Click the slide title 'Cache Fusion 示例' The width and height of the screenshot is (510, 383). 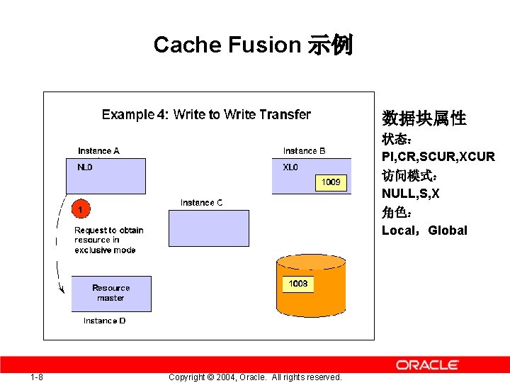coord(253,45)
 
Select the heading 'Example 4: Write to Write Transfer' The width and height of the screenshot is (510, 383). coord(206,114)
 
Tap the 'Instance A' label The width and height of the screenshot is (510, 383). coord(98,150)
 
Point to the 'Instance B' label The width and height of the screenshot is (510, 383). coord(305,150)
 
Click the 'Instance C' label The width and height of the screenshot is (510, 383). coord(201,203)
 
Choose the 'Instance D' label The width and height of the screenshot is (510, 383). coord(104,321)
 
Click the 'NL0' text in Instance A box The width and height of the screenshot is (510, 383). coord(85,168)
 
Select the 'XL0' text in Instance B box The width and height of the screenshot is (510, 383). coord(290,168)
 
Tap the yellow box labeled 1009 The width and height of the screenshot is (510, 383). coord(331,182)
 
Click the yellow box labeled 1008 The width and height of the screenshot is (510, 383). coord(298,284)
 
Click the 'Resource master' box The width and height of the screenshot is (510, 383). coord(111,294)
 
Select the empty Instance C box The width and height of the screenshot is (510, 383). coord(209,228)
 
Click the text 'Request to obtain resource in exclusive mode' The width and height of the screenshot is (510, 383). coord(108,240)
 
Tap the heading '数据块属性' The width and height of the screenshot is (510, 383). coord(424,118)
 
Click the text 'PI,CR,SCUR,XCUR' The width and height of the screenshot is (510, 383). coord(438,157)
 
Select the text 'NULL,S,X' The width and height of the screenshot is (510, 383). coord(411,194)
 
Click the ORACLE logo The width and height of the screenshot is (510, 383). coord(427,365)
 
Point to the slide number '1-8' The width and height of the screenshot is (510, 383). coord(37,377)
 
